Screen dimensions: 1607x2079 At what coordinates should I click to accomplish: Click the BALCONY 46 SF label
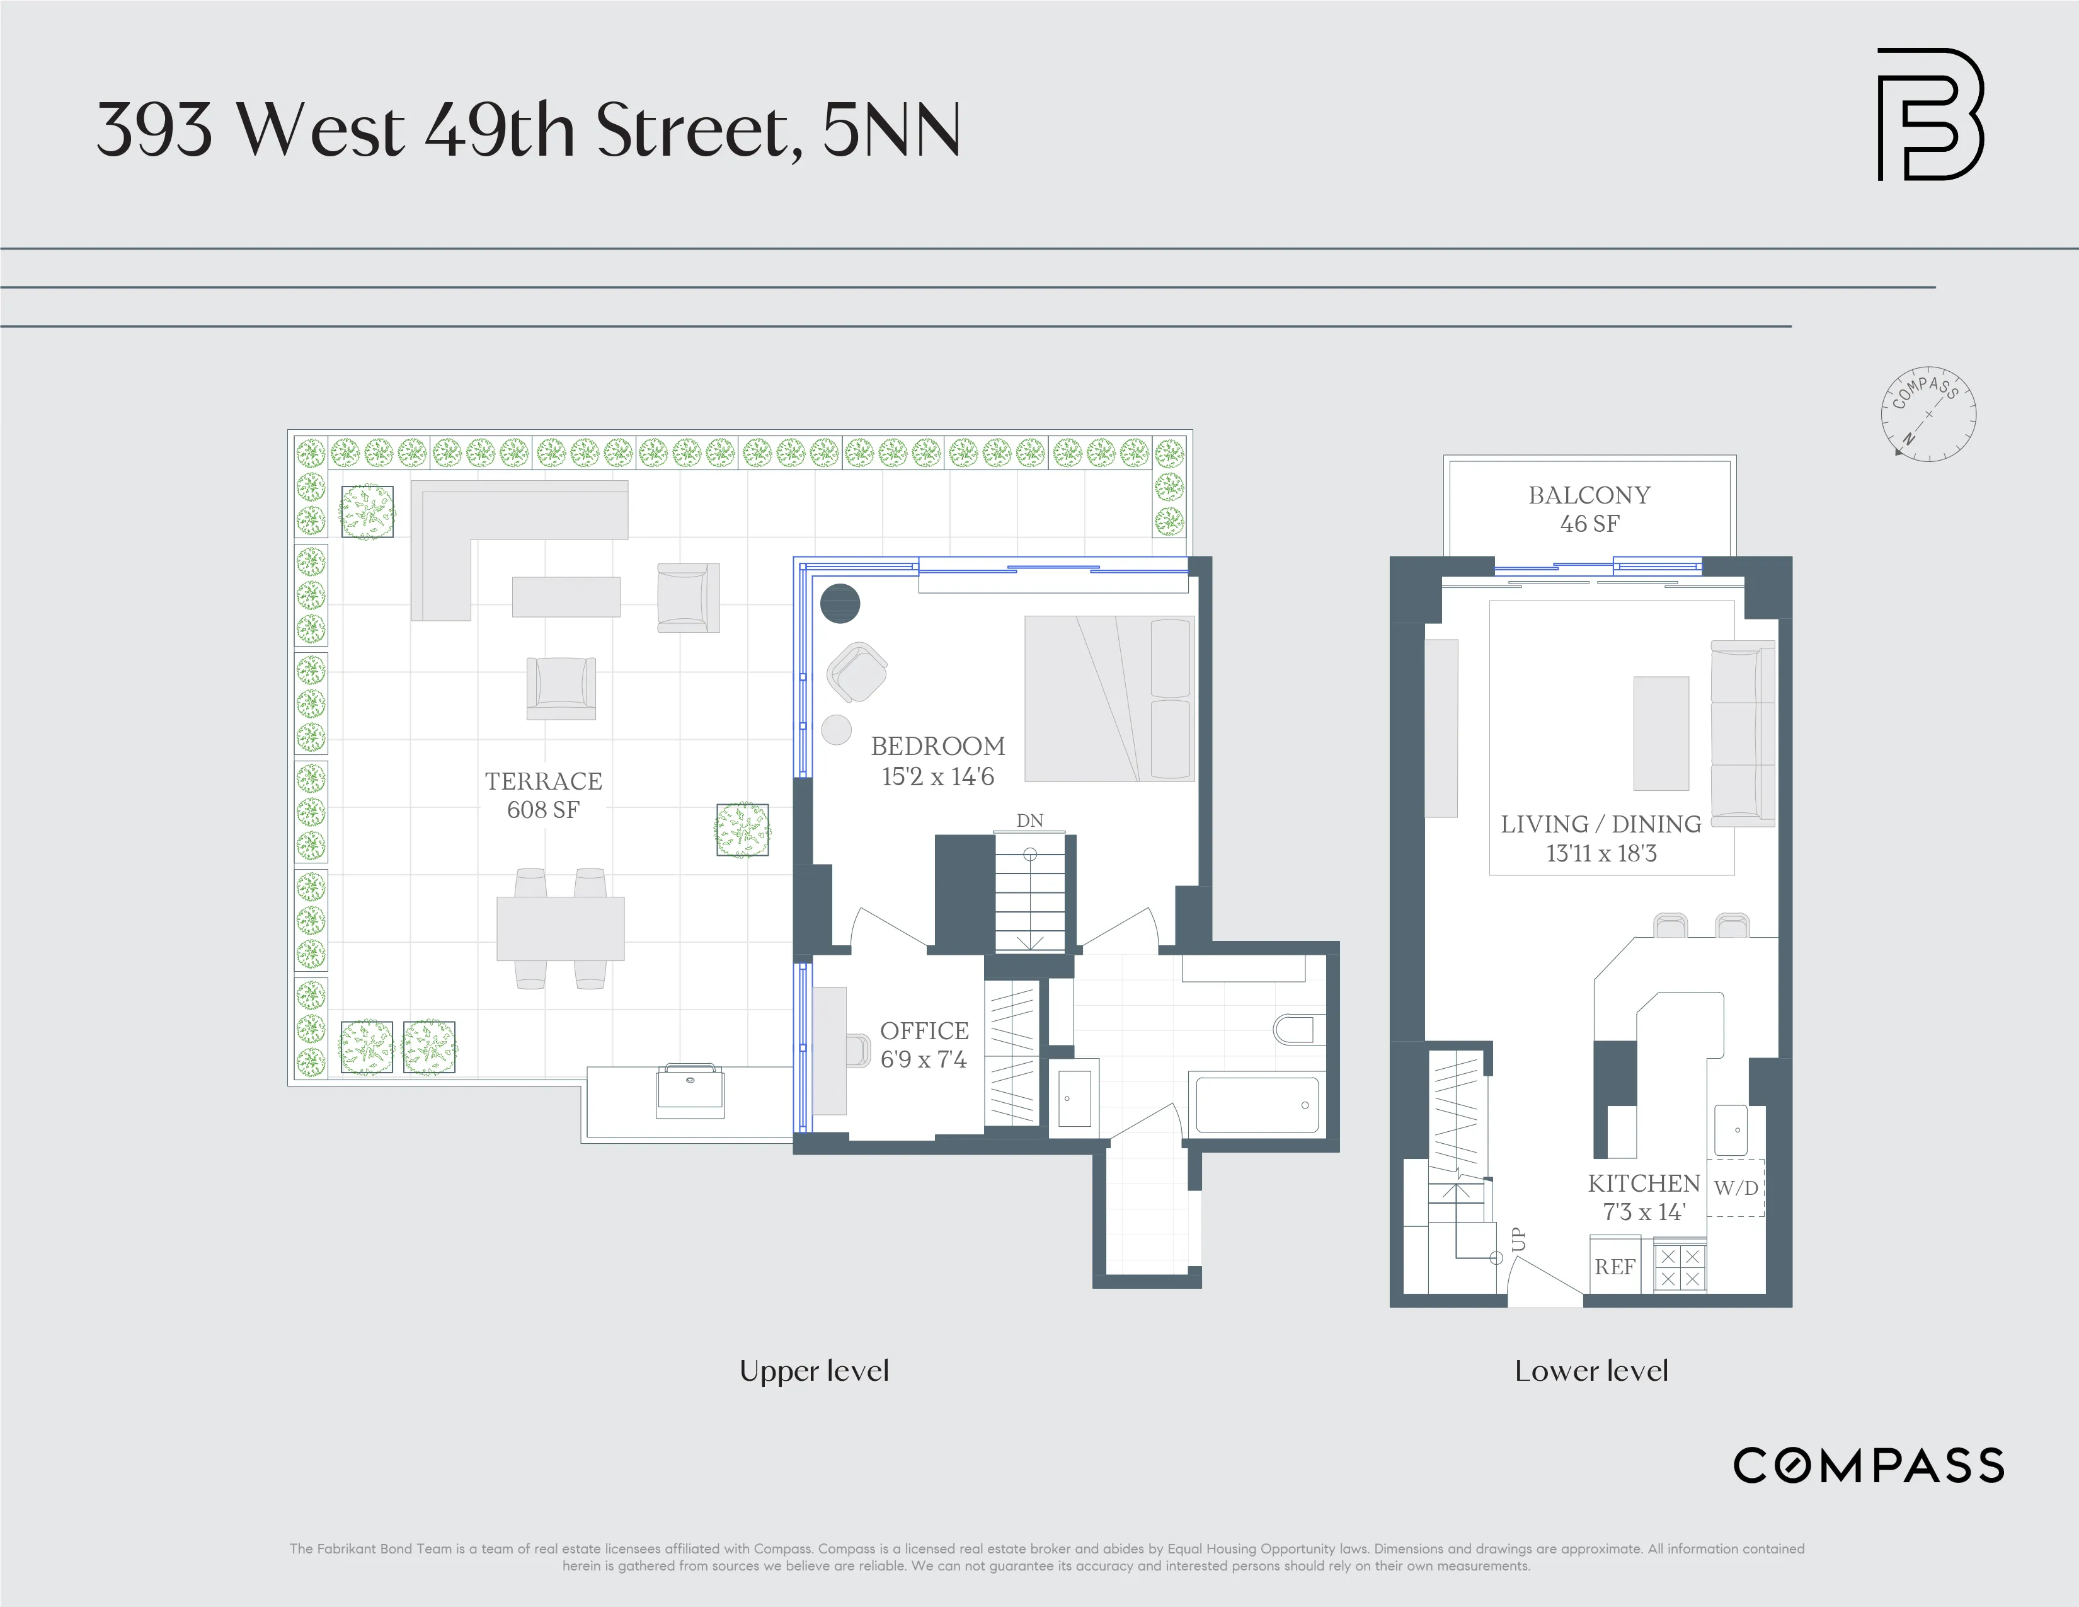coord(1589,509)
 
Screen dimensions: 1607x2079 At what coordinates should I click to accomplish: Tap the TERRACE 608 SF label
coord(542,795)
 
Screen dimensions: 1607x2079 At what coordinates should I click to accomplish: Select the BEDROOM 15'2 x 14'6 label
coord(937,761)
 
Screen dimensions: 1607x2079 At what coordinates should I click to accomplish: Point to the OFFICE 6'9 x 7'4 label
coord(924,1044)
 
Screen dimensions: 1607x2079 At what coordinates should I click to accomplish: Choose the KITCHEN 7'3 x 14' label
coord(1644,1197)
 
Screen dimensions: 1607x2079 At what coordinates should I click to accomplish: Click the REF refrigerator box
coord(1615,1266)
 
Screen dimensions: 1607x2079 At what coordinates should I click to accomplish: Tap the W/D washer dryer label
coord(1736,1187)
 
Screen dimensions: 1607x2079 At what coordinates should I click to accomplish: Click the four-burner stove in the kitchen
coord(1679,1266)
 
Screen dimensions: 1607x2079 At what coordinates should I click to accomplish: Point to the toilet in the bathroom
coord(1295,1029)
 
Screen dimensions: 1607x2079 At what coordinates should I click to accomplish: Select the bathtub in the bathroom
coord(1257,1104)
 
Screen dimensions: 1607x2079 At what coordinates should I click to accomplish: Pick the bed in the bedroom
coord(1109,698)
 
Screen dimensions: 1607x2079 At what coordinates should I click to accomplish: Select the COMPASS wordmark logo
coord(1869,1465)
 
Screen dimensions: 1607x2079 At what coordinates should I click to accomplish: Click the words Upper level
coord(814,1371)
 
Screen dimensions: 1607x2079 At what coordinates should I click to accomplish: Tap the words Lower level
coord(1591,1371)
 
